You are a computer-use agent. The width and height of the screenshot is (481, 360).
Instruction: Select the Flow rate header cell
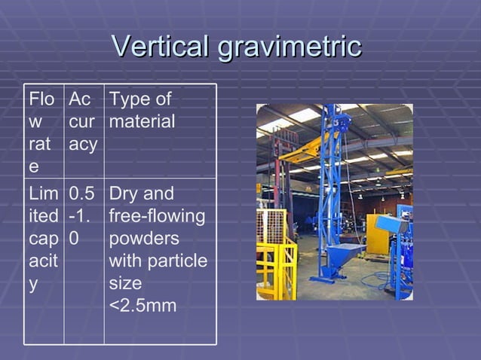pyautogui.click(x=43, y=131)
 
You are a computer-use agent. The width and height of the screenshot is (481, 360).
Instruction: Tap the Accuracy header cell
pyautogui.click(x=83, y=122)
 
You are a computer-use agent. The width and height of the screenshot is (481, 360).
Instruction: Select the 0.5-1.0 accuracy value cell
pyautogui.click(x=83, y=216)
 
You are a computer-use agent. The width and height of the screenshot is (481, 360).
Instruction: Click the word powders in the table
pyautogui.click(x=144, y=239)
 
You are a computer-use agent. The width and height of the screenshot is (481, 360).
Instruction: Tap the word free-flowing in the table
pyautogui.click(x=157, y=216)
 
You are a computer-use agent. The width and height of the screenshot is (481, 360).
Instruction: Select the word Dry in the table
pyautogui.click(x=124, y=194)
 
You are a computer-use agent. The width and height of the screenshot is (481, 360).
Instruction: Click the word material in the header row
pyautogui.click(x=142, y=121)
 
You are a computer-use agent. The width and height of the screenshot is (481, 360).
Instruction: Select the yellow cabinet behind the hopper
pyautogui.click(x=376, y=233)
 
